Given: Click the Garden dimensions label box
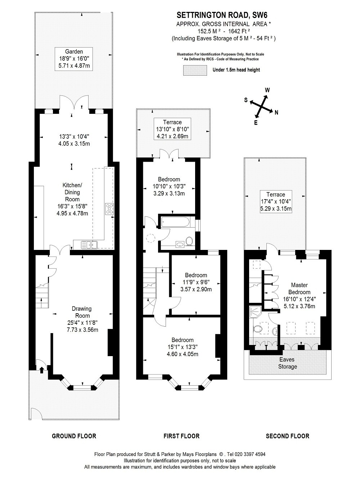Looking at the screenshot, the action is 74,59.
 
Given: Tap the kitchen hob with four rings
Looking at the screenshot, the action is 109,208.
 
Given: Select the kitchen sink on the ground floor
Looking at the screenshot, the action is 89,245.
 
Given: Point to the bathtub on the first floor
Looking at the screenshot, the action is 175,222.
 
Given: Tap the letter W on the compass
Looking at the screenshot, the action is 267,90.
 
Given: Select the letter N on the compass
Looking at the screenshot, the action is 276,112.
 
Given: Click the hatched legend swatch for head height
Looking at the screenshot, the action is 195,71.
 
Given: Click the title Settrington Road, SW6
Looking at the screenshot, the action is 222,15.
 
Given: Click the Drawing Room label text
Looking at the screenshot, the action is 82,312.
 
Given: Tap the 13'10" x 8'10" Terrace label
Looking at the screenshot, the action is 172,129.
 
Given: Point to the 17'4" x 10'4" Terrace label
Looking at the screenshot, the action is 276,201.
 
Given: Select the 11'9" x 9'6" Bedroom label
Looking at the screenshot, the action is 196,282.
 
